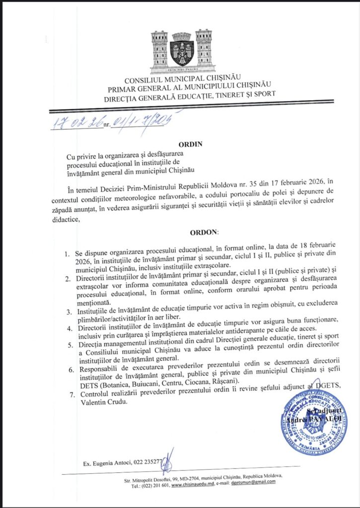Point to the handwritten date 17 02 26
pos(77,121)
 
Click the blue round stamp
pos(313,422)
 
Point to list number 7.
pos(68,393)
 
